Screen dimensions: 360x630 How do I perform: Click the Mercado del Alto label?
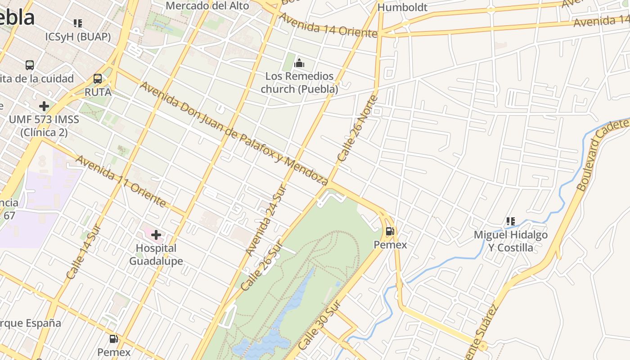[x=207, y=6]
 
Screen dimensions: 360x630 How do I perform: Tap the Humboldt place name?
[x=402, y=8]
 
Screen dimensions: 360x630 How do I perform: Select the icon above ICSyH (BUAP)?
[x=78, y=23]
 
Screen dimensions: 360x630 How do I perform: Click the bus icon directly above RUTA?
[x=97, y=79]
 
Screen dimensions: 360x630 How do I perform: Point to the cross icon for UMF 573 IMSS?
[x=44, y=106]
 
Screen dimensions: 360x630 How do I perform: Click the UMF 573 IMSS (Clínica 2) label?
[x=44, y=126]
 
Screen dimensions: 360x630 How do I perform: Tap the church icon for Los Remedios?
[x=299, y=63]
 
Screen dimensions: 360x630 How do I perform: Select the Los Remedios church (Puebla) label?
[x=299, y=82]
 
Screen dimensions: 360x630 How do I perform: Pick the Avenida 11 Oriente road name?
[x=121, y=181]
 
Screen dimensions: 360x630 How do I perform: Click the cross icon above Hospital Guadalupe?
[x=156, y=235]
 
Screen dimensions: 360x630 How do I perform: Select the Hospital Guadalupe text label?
[x=156, y=255]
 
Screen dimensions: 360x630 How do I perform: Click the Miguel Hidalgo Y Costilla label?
[x=511, y=241]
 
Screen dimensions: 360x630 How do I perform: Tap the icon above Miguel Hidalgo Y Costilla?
[x=511, y=221]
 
